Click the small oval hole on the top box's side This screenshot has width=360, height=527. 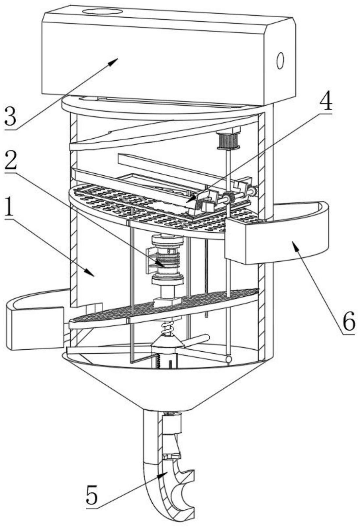pos(280,61)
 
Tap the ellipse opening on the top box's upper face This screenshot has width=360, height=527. pos(102,12)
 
